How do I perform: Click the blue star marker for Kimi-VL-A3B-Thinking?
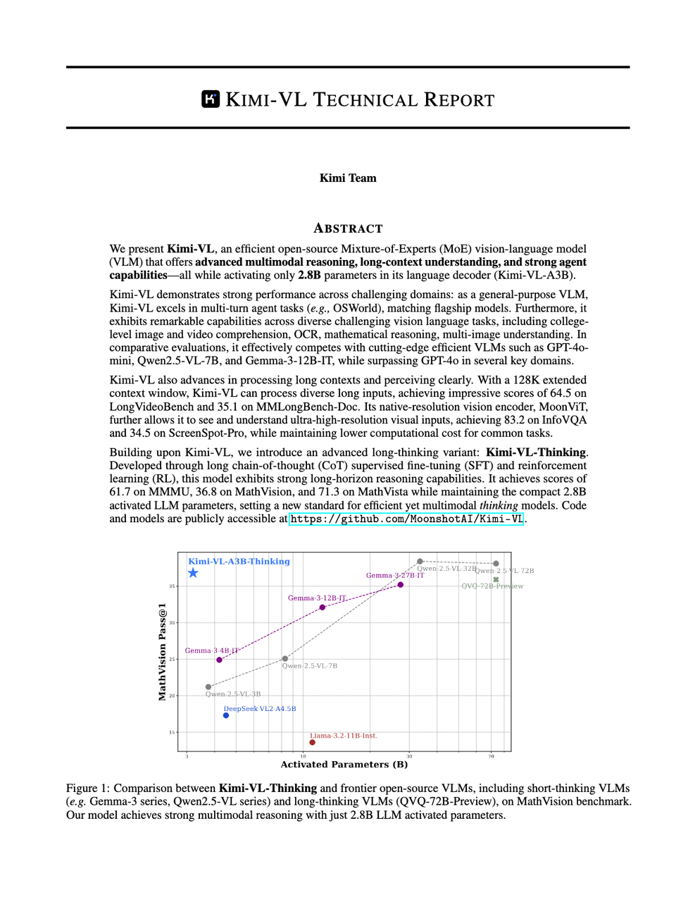coord(193,573)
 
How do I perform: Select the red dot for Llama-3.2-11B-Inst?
coord(312,742)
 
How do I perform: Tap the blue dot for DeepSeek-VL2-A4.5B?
coord(226,715)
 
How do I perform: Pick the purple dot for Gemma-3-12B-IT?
coord(323,607)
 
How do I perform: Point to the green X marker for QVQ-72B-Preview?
coord(496,580)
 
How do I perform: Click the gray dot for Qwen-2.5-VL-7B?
coord(285,659)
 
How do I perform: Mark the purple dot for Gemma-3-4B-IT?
coord(220,660)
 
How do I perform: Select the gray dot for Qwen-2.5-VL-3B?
coord(208,687)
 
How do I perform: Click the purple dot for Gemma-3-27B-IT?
coord(401,585)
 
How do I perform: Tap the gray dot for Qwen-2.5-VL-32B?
coord(420,562)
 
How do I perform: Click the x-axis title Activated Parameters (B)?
coord(344,765)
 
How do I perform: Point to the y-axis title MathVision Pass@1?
coord(163,652)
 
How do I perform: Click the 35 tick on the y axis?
coord(172,586)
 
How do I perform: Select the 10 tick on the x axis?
coord(304,756)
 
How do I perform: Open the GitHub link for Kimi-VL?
coord(406,519)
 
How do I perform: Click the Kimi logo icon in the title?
coord(211,99)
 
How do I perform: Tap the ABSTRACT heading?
coord(348,228)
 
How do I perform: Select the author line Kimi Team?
coord(348,178)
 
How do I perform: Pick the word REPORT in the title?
coord(459,100)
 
